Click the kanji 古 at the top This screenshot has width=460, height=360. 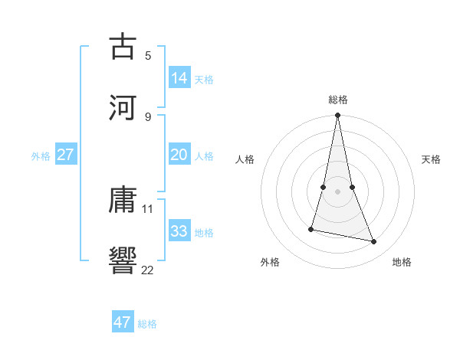[123, 47]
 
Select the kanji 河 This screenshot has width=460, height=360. [123, 106]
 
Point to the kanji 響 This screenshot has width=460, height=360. [123, 260]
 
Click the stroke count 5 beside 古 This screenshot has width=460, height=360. [148, 55]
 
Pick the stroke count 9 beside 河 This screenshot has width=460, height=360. [148, 116]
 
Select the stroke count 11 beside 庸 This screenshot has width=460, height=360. [148, 208]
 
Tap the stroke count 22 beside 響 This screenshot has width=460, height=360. [148, 269]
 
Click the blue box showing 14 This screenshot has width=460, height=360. [179, 78]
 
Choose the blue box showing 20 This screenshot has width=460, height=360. [179, 155]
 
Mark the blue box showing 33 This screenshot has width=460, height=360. [179, 231]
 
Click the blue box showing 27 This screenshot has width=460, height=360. [66, 155]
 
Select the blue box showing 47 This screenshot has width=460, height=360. [123, 322]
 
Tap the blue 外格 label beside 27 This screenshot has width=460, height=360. [41, 155]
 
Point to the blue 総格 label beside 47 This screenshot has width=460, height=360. [147, 324]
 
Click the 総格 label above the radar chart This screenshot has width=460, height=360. [337, 100]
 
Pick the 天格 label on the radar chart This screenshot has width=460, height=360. [431, 159]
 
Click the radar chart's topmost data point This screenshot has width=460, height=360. [337, 116]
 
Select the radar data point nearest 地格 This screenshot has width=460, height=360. [374, 242]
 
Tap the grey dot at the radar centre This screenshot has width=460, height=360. [337, 191]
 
